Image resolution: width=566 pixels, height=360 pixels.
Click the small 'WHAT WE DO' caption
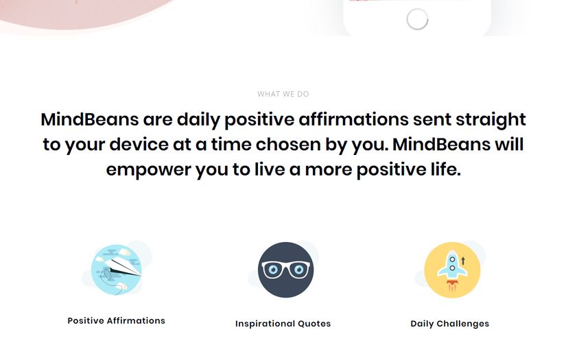[283, 94]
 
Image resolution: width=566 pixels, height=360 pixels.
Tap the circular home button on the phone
[417, 19]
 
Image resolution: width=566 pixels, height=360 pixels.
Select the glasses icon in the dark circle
[285, 269]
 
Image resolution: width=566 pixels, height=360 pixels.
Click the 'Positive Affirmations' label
[117, 320]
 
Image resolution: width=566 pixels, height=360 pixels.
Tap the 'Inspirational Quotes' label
[283, 324]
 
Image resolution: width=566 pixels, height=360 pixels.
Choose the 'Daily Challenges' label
[449, 324]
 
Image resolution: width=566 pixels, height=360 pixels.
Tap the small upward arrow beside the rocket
[463, 261]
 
